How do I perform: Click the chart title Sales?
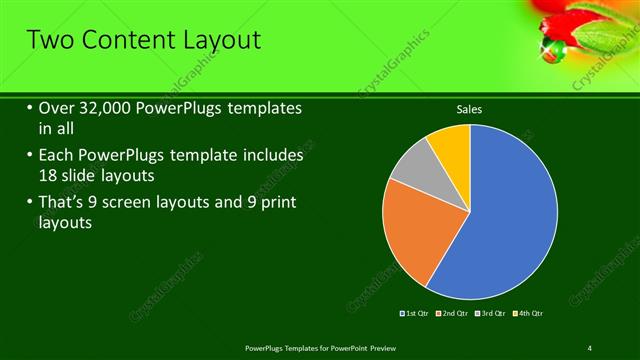click(x=470, y=109)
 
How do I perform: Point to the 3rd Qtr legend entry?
click(x=491, y=314)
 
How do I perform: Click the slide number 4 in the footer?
click(x=589, y=347)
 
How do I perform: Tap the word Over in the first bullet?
click(x=57, y=108)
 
